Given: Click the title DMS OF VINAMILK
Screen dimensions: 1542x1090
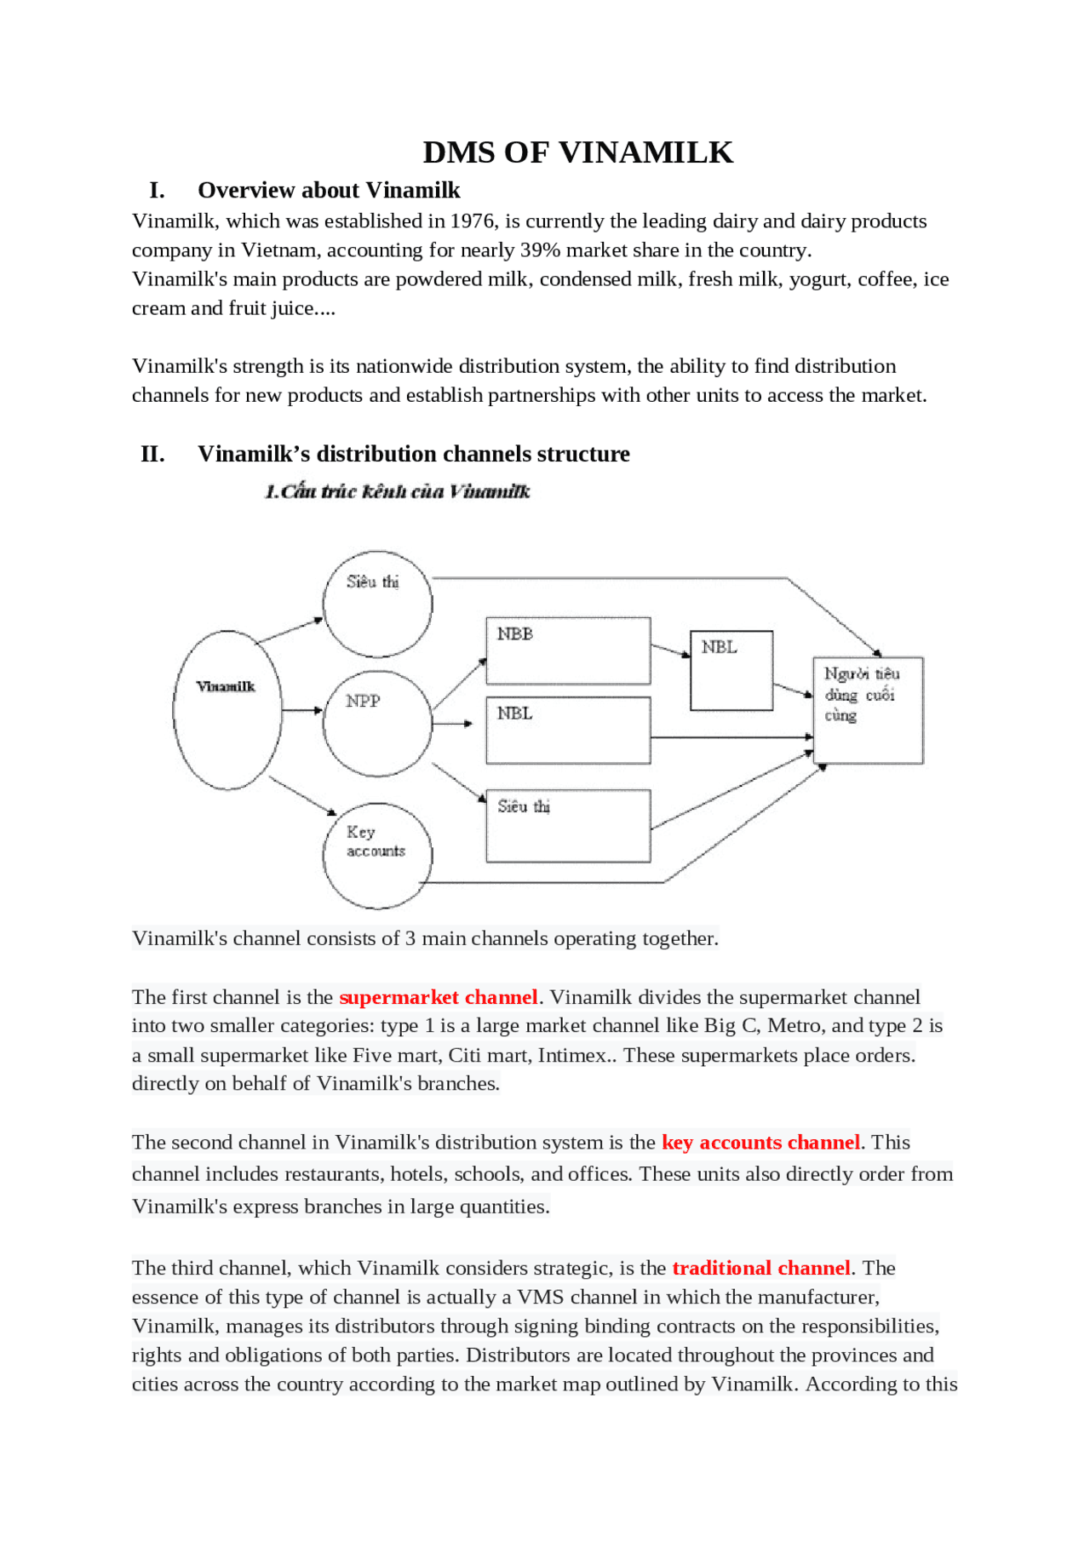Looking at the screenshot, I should (x=577, y=152).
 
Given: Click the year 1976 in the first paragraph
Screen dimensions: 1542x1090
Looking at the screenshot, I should (x=473, y=221).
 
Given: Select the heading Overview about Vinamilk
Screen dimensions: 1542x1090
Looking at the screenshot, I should (x=329, y=190).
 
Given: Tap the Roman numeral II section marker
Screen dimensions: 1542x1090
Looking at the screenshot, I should (x=152, y=454).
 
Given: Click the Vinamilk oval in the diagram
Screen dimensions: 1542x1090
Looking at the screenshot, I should (x=227, y=710).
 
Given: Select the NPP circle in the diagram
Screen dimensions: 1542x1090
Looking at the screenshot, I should (x=377, y=723).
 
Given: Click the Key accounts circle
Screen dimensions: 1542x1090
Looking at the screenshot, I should (x=377, y=855).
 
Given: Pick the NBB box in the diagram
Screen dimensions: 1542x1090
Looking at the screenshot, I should (x=568, y=651).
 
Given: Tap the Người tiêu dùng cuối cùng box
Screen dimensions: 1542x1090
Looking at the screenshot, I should (x=868, y=710).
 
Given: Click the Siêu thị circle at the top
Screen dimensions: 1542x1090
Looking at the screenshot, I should (x=377, y=604).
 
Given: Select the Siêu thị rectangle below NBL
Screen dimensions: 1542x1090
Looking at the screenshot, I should (x=568, y=826).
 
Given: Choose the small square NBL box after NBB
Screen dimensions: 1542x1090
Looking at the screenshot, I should (x=731, y=670).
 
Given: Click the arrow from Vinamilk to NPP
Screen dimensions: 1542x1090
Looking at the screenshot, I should (x=301, y=709).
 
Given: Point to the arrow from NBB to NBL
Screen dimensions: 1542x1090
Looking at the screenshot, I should (x=670, y=651).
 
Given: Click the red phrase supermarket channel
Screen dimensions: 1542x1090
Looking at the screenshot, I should (x=438, y=997).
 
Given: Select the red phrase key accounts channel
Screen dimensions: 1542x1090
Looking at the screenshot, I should (x=760, y=1143).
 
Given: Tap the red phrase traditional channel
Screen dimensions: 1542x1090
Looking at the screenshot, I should (x=760, y=1268).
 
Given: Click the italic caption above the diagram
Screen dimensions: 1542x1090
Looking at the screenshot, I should (x=397, y=491).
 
